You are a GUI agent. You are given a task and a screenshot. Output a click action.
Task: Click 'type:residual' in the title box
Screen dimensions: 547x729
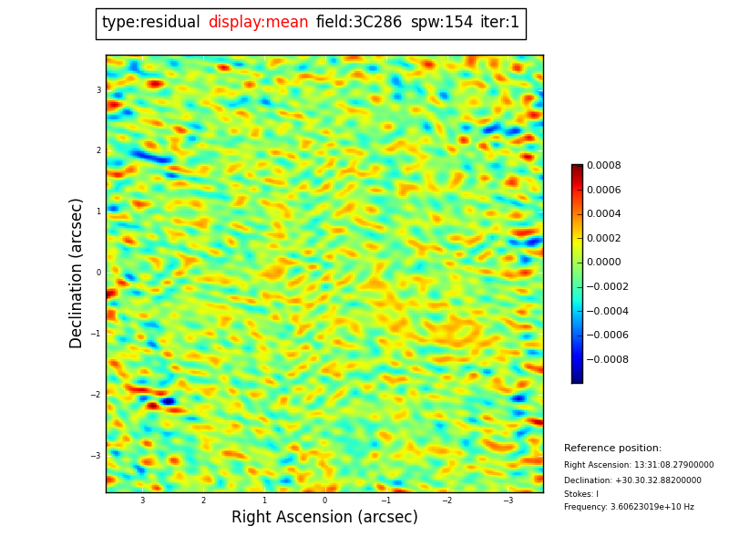(x=151, y=23)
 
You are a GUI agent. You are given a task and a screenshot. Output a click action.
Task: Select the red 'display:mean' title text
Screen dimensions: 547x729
(x=258, y=23)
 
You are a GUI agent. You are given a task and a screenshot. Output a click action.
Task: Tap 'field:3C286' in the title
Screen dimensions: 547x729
(x=359, y=23)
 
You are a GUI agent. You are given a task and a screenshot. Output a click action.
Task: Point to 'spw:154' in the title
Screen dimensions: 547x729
(x=441, y=23)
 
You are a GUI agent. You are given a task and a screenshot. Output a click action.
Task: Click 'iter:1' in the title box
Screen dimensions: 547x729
(x=499, y=23)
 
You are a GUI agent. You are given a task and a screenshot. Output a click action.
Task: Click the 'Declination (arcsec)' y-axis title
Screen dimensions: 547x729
(x=77, y=273)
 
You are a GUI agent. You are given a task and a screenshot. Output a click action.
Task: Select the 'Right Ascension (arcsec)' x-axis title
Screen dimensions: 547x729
(x=324, y=518)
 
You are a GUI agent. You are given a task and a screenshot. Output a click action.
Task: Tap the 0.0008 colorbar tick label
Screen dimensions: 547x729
(x=603, y=166)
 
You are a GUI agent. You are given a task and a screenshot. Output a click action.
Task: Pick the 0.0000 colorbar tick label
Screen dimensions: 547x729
(x=603, y=263)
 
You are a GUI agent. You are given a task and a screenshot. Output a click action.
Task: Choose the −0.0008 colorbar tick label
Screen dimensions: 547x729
(x=607, y=359)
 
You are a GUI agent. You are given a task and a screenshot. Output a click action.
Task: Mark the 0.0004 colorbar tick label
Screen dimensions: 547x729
(x=603, y=214)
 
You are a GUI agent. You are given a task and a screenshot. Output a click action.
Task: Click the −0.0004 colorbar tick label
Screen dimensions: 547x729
(x=607, y=311)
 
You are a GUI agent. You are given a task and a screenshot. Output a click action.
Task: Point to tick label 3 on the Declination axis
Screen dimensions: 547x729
(x=98, y=90)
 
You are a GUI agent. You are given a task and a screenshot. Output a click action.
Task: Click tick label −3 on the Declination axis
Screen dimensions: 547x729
(x=97, y=456)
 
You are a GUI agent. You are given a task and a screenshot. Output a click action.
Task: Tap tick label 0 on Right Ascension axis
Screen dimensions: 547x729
(x=324, y=501)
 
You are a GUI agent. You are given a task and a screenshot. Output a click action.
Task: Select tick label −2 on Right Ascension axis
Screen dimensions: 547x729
(x=447, y=501)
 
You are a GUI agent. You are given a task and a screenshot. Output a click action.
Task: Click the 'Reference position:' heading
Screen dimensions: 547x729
(x=612, y=449)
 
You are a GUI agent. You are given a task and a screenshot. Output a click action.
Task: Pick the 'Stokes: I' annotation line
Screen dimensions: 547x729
(x=581, y=494)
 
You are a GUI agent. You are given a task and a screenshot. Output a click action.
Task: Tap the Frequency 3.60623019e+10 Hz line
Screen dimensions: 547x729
(x=629, y=507)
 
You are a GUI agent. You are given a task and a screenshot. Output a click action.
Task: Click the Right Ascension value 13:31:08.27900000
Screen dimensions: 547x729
(x=639, y=465)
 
